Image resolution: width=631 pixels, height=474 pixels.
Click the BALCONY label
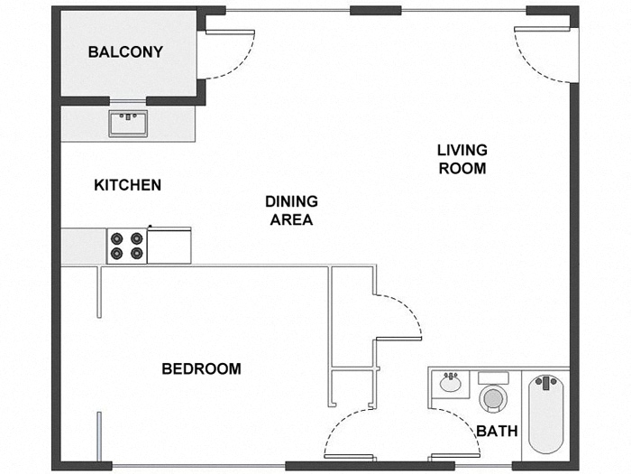point(125,52)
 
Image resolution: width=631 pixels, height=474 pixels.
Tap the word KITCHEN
point(128,185)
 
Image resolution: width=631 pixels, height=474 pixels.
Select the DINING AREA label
point(291,210)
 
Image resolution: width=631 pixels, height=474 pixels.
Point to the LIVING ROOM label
point(462,159)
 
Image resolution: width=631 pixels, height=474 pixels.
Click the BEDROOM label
point(201,368)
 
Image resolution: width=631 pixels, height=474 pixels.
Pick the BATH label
point(497,431)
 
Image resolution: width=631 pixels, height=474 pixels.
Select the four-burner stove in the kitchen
point(127,246)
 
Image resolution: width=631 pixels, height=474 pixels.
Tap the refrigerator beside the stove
point(169,244)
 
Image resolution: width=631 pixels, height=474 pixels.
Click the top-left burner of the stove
point(117,238)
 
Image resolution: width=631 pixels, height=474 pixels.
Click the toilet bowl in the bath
point(493,398)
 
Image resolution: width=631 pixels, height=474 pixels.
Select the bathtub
point(546,414)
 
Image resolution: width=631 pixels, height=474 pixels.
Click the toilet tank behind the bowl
point(493,377)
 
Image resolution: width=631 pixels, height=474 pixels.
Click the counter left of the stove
point(84,246)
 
